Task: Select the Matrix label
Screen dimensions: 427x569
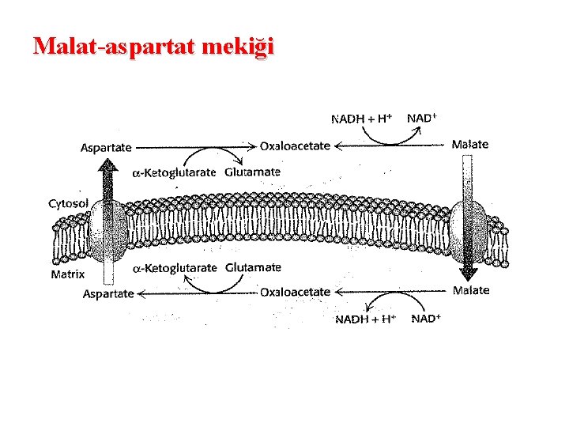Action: point(68,275)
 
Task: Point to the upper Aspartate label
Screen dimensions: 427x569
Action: point(107,146)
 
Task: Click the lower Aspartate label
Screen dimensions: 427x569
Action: point(108,293)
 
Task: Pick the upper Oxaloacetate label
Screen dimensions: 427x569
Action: point(295,145)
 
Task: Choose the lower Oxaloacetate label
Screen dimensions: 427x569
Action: point(295,292)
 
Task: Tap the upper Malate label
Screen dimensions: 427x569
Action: point(469,144)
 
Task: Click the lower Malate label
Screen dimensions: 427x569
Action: point(471,290)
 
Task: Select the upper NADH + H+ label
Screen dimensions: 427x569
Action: point(361,119)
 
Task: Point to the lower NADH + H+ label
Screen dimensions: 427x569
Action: point(365,319)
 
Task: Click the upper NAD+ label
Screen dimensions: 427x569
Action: point(422,118)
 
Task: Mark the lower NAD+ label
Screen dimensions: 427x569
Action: point(426,319)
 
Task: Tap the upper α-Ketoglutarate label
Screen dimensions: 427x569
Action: point(173,173)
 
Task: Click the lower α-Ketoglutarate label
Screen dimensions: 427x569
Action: point(174,268)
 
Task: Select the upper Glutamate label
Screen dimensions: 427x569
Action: point(252,172)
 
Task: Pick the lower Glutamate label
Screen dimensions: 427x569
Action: point(253,267)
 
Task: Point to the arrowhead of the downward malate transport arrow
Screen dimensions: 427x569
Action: point(468,274)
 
